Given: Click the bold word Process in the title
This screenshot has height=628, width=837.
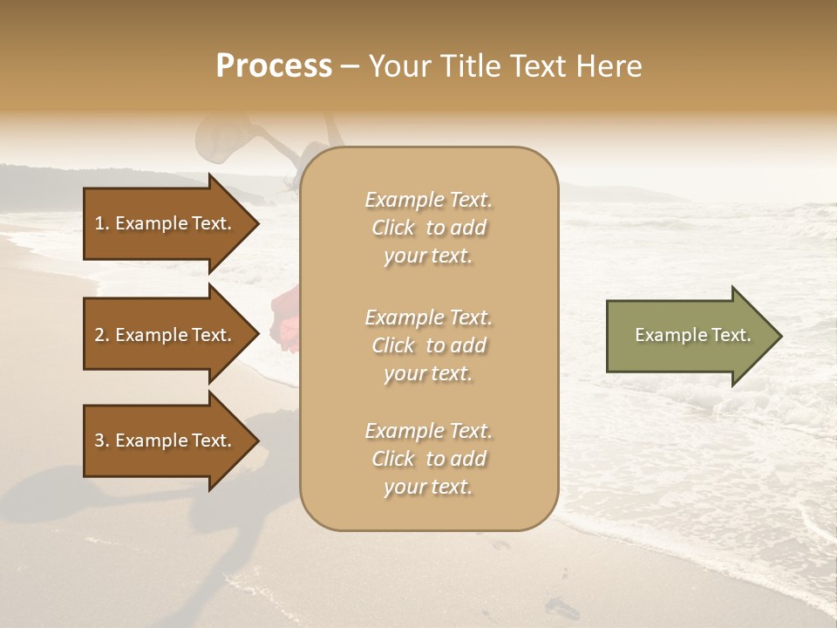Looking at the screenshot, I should [274, 66].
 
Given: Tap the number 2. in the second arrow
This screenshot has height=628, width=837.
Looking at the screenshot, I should [101, 335].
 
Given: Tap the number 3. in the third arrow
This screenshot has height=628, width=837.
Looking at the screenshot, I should [101, 440].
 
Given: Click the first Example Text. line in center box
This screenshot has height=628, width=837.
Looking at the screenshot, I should [428, 200].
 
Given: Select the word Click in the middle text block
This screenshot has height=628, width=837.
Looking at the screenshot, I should [392, 345].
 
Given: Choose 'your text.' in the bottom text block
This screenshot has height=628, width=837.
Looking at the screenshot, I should [428, 487].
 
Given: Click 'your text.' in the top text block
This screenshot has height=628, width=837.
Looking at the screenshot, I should [428, 256].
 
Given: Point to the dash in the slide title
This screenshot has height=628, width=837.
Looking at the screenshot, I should [350, 66].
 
